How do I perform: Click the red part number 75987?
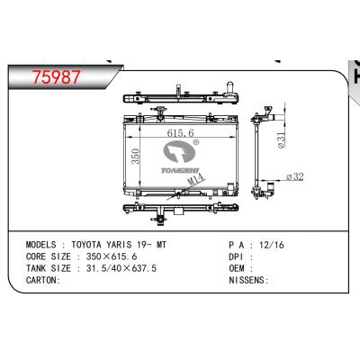pos(57,77)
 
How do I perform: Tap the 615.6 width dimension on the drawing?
pos(181,132)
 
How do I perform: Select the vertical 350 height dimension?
pos(136,157)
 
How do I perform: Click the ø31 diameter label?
pos(281,140)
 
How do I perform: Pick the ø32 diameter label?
pos(295,176)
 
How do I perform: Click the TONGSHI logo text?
pos(180,170)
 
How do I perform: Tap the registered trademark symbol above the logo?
pos(195,142)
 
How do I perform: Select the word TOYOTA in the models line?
pos(86,245)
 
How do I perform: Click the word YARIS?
pos(119,245)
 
